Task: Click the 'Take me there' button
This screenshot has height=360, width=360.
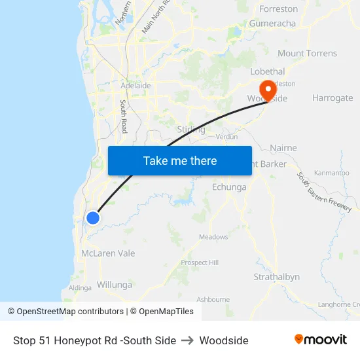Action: [x=179, y=160]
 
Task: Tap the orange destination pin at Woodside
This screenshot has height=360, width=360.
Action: [x=268, y=90]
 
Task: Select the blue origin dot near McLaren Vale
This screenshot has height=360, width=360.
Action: [x=93, y=218]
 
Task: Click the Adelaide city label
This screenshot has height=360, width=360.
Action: [x=135, y=86]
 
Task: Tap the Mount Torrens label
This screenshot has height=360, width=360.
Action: [x=307, y=54]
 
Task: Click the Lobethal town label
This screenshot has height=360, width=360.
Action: [x=268, y=71]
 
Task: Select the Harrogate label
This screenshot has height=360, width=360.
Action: [x=332, y=98]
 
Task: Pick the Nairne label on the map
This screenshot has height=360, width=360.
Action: [x=283, y=149]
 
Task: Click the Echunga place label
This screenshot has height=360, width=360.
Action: [x=229, y=187]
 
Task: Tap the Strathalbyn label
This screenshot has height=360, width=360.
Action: [x=276, y=277]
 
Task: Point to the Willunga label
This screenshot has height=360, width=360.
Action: [x=114, y=285]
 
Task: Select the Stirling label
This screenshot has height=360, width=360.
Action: [x=191, y=130]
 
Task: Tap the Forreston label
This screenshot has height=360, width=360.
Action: [x=278, y=9]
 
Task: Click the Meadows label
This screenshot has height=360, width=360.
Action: [x=213, y=237]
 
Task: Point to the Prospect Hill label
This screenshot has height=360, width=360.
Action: [x=200, y=262]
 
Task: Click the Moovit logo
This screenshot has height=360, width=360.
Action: [x=320, y=340]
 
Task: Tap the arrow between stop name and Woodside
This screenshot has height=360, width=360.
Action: [x=188, y=340]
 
